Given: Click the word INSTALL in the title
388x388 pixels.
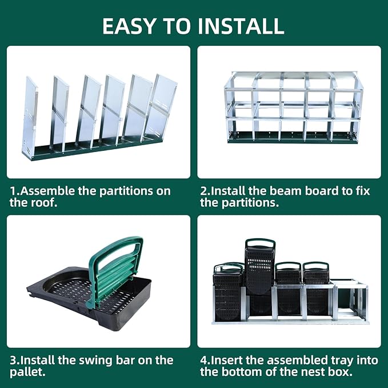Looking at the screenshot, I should click(x=239, y=25).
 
